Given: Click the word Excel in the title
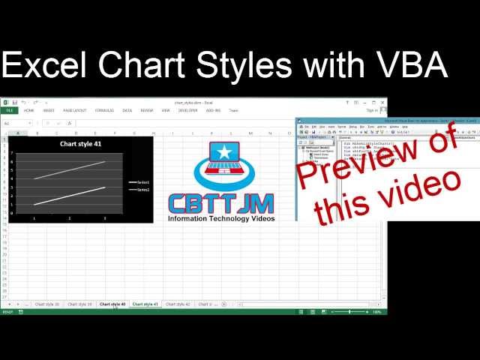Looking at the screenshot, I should (45, 66).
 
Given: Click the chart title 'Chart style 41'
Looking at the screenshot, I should (80, 143).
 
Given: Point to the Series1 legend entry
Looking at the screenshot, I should (139, 182).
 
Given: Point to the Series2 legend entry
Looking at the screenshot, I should (139, 190).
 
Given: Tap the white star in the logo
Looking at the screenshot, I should (223, 153).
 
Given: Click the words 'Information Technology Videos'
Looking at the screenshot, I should (221, 219).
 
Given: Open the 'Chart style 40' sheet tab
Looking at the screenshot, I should (113, 304).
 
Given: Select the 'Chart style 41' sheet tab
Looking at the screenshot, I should (145, 304).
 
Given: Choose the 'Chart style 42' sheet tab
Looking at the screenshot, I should (178, 304).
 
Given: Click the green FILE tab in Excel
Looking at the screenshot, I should (9, 110).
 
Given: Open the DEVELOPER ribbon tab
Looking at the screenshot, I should (188, 110).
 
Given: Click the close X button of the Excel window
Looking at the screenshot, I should (382, 102).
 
